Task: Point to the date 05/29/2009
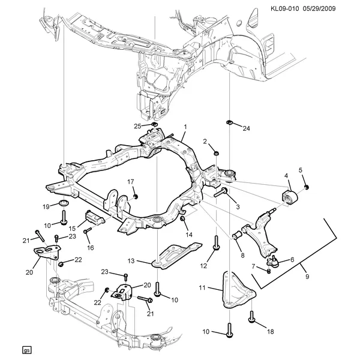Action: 329,8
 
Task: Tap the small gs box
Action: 26,350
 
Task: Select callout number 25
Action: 137,125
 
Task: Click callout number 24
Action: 245,128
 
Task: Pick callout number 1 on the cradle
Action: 186,127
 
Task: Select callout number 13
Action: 132,261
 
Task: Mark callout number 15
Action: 72,229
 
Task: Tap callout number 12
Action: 203,265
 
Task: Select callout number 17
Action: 130,182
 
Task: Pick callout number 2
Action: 205,142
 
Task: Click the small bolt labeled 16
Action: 87,230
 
